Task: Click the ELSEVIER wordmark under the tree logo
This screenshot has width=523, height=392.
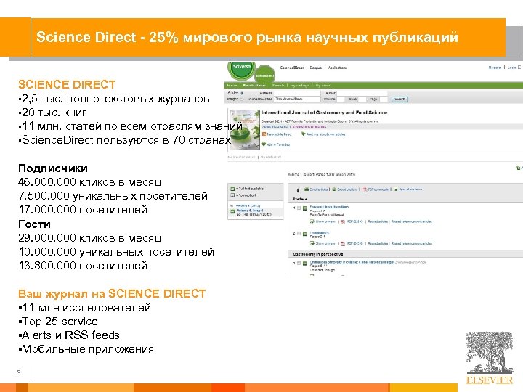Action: [489, 380]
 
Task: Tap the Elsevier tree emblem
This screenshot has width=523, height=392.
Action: [489, 352]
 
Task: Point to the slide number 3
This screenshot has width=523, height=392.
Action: [19, 373]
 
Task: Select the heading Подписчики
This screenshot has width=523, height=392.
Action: [53, 168]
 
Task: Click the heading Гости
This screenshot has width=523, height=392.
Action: [34, 224]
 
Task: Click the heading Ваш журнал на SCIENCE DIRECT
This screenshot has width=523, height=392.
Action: [112, 293]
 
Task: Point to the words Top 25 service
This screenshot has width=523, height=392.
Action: [60, 321]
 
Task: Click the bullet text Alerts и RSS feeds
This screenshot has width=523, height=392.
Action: [71, 335]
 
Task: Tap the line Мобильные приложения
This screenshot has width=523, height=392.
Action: [88, 348]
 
